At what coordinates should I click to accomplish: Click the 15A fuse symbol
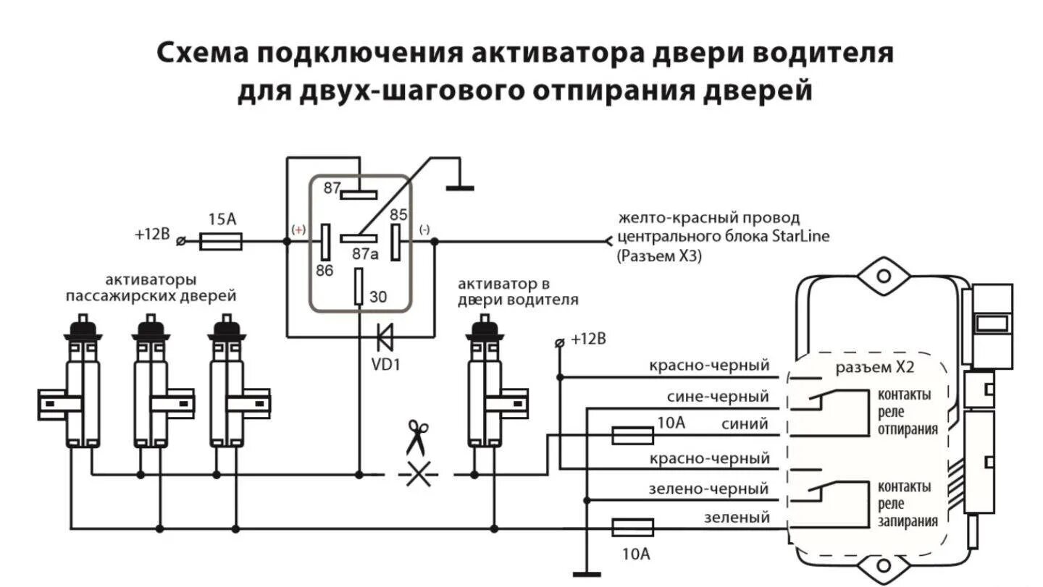tap(220, 241)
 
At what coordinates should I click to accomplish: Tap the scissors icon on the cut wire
tap(417, 436)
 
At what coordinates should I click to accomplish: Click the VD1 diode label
tap(386, 364)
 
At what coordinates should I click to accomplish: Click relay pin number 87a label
tap(365, 254)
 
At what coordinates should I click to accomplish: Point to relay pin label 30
tap(378, 296)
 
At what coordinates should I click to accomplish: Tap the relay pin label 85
tap(398, 215)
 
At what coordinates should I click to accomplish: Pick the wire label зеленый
tap(737, 518)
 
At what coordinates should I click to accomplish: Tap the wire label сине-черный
tap(718, 397)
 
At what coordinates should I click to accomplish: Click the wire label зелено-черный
tap(708, 489)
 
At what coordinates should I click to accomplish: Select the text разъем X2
tap(875, 367)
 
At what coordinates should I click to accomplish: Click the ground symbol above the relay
tap(459, 187)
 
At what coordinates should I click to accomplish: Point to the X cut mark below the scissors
tap(418, 475)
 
